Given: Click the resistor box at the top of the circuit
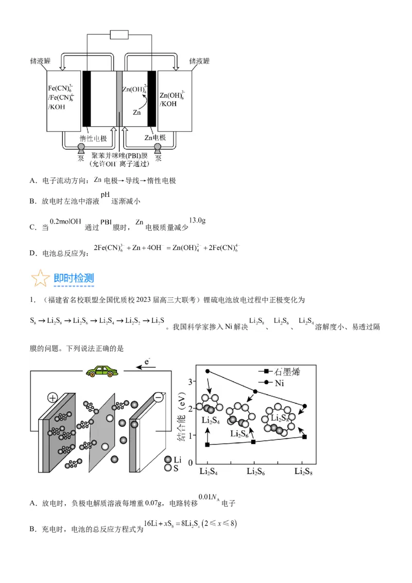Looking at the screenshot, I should (119, 35).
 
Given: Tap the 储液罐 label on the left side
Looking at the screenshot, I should (41, 61).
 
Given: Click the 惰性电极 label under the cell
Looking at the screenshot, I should (93, 138).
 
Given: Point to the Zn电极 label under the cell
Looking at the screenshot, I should (155, 138).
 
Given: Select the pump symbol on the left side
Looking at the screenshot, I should (81, 149).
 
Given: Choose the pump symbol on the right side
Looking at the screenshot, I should (157, 149).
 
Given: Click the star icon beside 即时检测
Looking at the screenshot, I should (40, 278).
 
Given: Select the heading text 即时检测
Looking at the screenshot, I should (74, 279).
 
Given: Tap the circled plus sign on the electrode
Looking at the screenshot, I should (53, 398).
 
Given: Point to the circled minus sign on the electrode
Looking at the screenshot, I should (158, 398).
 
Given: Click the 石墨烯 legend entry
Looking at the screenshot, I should (287, 371).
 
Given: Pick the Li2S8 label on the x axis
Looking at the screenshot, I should (304, 471).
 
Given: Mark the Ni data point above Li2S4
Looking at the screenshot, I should (208, 371).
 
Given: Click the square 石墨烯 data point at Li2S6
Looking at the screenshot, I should (253, 442).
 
